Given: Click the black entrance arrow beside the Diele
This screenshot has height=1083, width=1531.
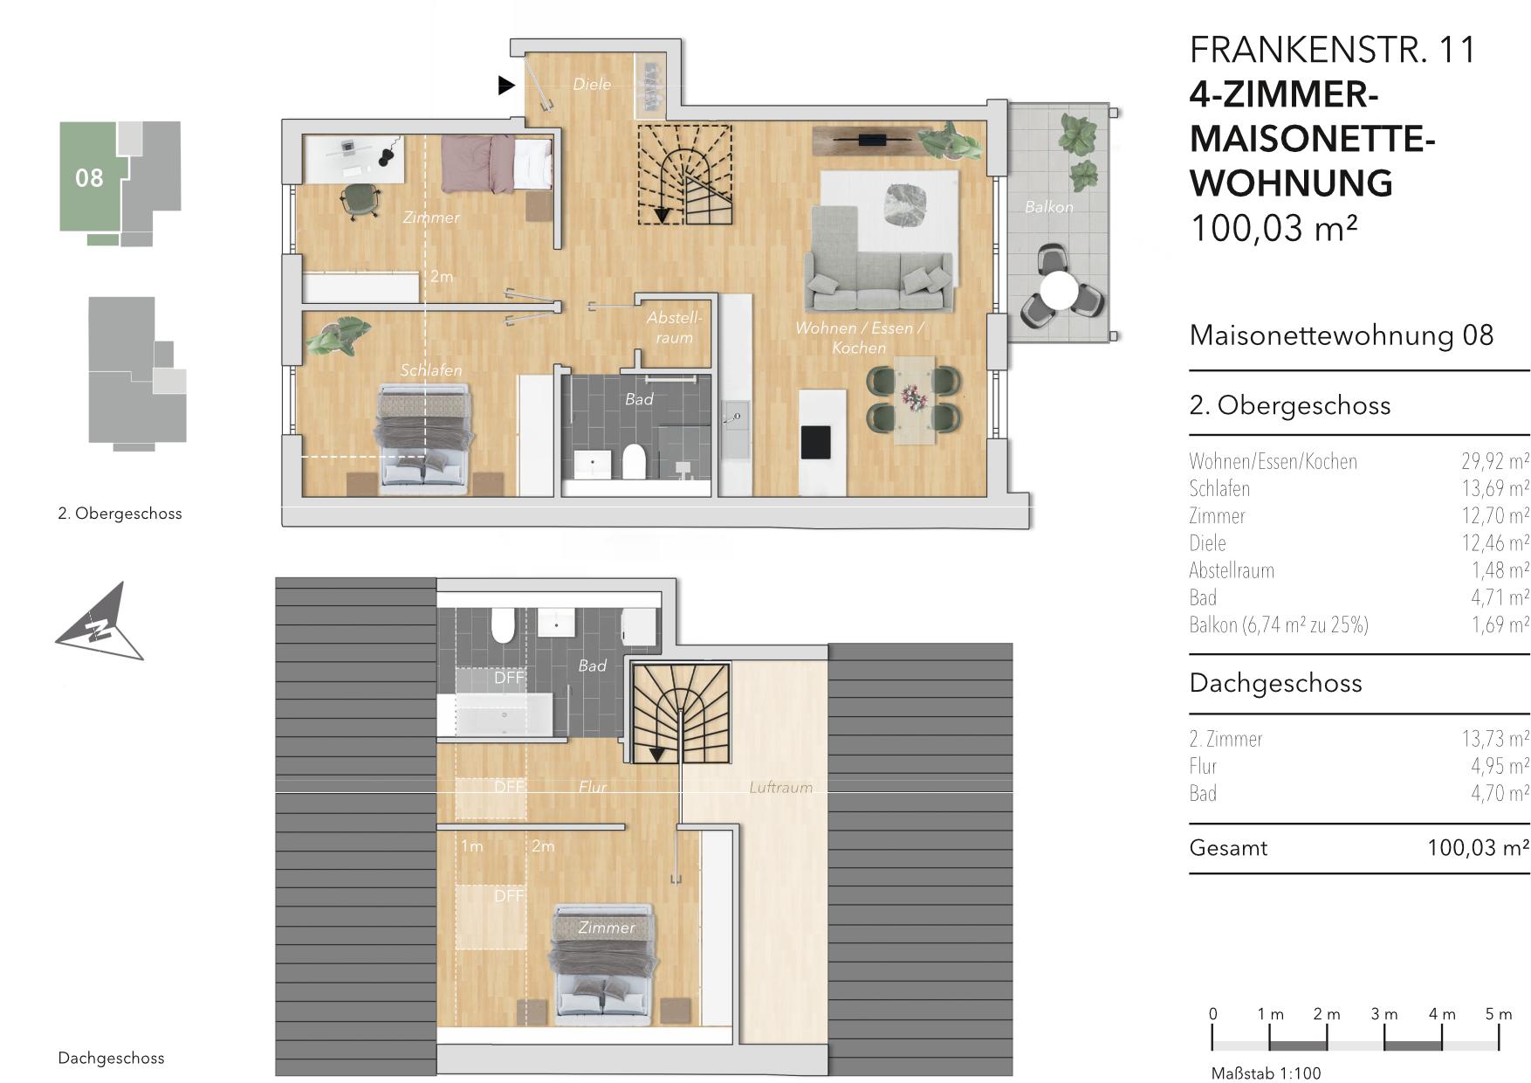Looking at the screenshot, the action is tap(505, 86).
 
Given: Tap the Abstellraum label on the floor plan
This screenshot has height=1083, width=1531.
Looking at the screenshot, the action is tap(674, 328).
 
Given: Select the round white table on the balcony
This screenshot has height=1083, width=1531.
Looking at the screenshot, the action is tap(1061, 291).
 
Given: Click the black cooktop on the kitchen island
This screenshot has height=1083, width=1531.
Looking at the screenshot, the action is tap(817, 441).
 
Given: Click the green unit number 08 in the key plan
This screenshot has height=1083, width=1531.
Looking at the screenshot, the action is tap(89, 178).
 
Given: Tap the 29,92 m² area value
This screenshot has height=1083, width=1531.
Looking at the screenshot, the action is tap(1495, 461).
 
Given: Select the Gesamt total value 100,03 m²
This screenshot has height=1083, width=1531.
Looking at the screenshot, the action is tap(1478, 848).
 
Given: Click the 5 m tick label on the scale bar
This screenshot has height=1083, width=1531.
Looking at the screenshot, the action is tap(1499, 1014).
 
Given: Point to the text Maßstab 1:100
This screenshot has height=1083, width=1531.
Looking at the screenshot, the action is tap(1266, 1073).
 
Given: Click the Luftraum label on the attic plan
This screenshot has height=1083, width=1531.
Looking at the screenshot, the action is tap(780, 788).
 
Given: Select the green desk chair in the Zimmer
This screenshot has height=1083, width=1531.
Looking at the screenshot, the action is tap(360, 201).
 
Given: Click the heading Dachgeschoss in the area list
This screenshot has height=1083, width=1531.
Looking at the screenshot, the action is tap(1275, 683).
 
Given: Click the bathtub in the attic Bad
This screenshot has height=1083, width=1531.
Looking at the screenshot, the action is tap(504, 714).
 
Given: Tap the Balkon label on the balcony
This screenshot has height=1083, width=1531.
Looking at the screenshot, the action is tap(1049, 207).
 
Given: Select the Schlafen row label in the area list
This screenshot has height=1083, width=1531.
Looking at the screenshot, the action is tap(1219, 489).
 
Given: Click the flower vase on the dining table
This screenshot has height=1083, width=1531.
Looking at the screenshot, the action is tap(914, 398).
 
